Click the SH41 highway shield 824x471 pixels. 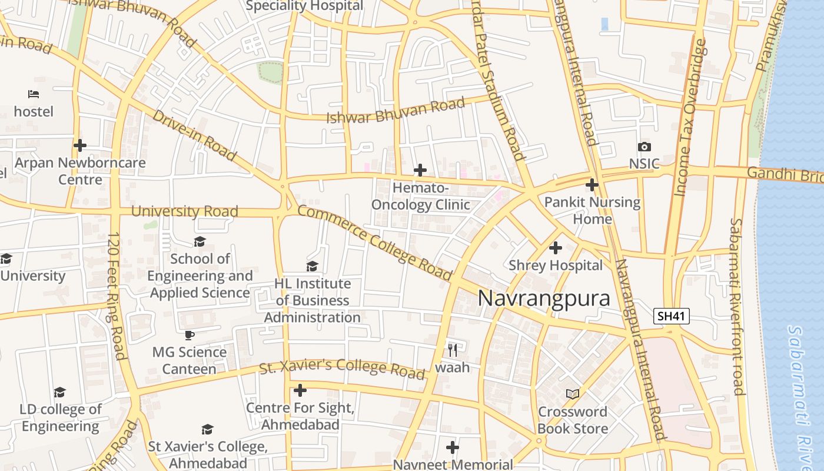(x=672, y=316)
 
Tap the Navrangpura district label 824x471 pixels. (x=543, y=298)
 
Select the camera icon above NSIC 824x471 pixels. (x=644, y=147)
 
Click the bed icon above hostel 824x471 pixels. (x=34, y=94)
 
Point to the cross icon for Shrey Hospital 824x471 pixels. (x=555, y=248)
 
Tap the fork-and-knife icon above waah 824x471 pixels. (x=452, y=350)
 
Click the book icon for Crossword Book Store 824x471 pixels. (x=572, y=394)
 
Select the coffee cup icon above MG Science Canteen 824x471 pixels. (x=189, y=335)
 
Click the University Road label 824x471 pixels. (x=184, y=211)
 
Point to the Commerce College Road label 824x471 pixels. (x=374, y=243)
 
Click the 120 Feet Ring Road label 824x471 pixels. (x=117, y=294)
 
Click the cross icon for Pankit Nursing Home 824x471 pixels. (x=592, y=185)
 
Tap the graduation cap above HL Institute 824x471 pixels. (x=312, y=267)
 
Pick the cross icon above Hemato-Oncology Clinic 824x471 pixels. (x=420, y=171)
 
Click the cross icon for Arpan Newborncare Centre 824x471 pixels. (x=80, y=145)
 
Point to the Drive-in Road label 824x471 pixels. (x=194, y=135)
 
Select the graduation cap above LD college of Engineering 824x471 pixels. (x=59, y=392)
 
